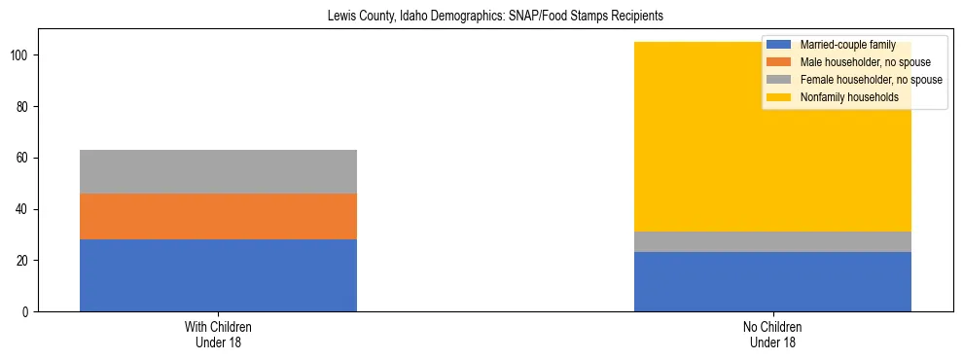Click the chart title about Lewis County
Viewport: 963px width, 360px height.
point(481,16)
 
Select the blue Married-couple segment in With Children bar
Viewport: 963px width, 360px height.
point(218,275)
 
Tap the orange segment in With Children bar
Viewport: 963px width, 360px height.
point(218,216)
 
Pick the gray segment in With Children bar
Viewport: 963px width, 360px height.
point(218,171)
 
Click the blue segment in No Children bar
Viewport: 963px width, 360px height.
point(772,281)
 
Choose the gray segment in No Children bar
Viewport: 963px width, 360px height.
point(772,241)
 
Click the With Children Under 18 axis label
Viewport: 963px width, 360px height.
point(218,335)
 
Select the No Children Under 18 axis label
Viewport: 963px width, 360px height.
point(772,335)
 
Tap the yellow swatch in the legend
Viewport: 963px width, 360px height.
point(779,97)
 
